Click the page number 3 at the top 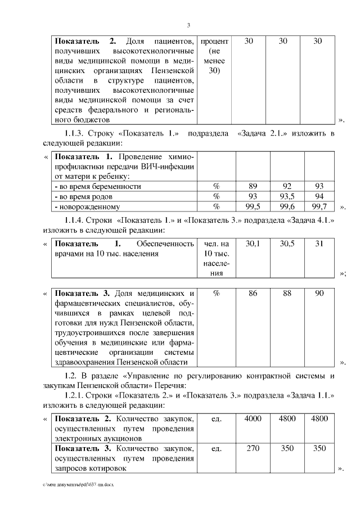188,25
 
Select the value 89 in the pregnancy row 253,186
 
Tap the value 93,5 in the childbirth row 287,196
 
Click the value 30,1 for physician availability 253,244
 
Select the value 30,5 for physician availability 287,244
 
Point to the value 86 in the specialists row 253,294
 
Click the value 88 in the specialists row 287,294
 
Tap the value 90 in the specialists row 319,294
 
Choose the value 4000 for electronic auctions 253,418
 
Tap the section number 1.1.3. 78,133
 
